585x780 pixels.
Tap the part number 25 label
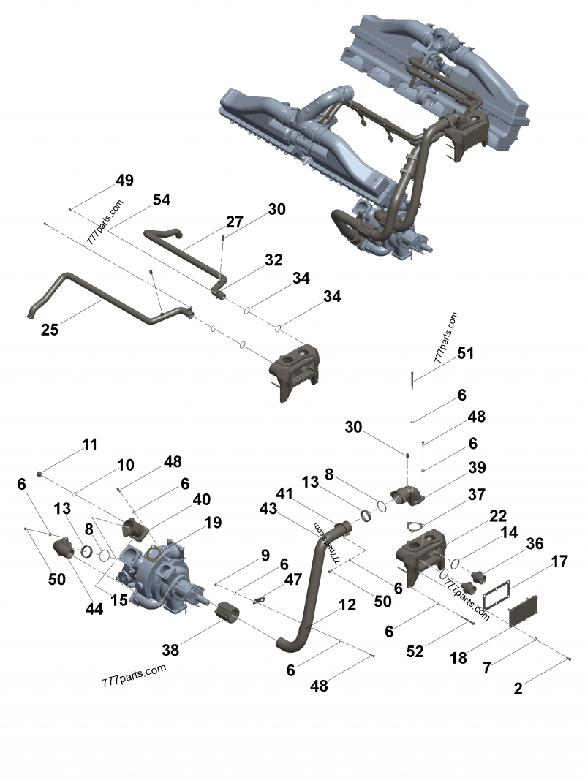[x=49, y=330]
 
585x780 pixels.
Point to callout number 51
[x=465, y=354]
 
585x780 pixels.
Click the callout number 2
[x=518, y=688]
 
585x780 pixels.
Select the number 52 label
[x=415, y=652]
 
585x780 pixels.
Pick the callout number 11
[x=89, y=444]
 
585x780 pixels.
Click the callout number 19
[x=212, y=522]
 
